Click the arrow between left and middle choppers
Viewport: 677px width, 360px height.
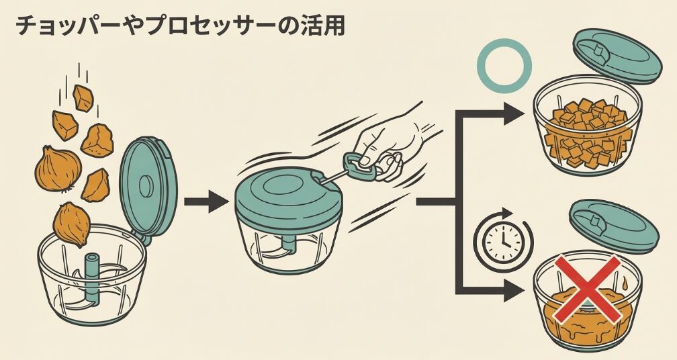(206, 201)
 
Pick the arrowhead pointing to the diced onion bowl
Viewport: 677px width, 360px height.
(512, 113)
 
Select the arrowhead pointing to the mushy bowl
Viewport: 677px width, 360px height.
(512, 291)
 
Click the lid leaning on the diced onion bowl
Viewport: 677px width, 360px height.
(614, 54)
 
